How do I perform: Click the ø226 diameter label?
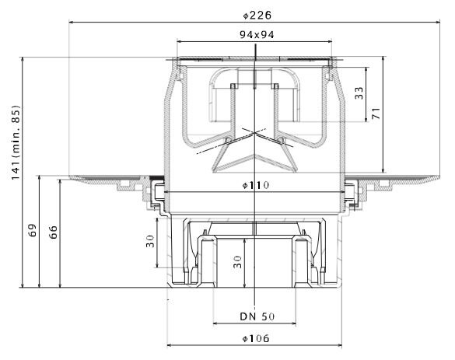tap(257, 16)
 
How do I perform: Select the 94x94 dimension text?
tap(257, 35)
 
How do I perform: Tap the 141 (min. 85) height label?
tap(16, 142)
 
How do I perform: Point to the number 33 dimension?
tap(359, 93)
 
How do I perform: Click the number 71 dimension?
tap(376, 114)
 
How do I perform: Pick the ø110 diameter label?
tap(256, 185)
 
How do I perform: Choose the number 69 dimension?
tap(33, 230)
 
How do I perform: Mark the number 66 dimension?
tap(53, 232)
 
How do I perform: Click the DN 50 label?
tap(257, 316)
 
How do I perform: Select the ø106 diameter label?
tap(256, 338)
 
